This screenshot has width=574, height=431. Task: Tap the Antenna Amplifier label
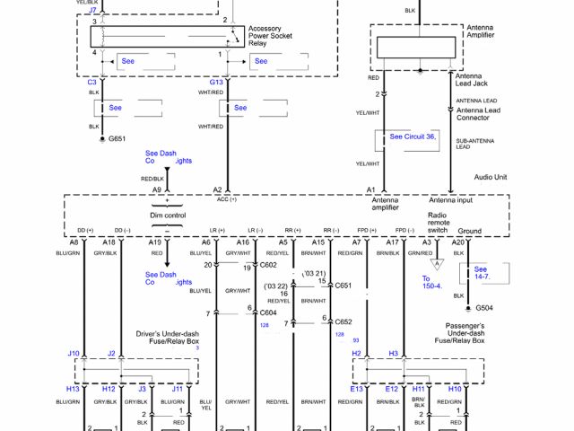click(480, 34)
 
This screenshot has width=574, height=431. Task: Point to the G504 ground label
click(485, 307)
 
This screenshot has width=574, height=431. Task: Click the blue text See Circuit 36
click(413, 136)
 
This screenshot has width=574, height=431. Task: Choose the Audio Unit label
click(491, 177)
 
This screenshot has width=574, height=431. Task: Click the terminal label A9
click(156, 190)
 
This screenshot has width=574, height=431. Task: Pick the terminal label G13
click(216, 82)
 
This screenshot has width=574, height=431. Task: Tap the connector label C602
click(268, 266)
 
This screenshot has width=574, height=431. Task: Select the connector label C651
click(344, 286)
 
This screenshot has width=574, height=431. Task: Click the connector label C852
click(344, 321)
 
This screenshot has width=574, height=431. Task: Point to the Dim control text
click(168, 216)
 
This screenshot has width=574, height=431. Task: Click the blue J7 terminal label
click(92, 10)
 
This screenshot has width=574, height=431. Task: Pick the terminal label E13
click(356, 389)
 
